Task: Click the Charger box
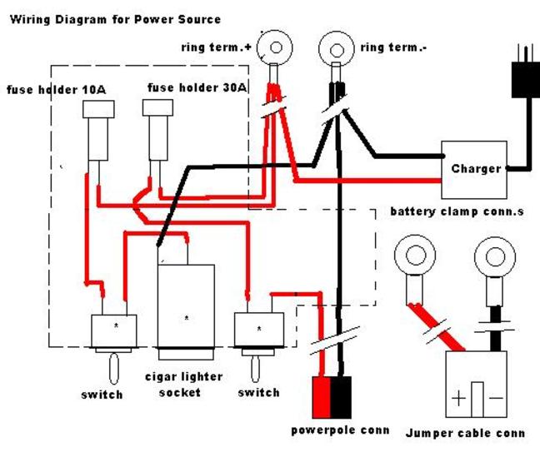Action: click(x=476, y=168)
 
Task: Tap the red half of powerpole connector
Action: click(x=321, y=398)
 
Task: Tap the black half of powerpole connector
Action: click(x=342, y=398)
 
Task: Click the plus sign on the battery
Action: click(x=459, y=398)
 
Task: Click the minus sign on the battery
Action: click(x=494, y=398)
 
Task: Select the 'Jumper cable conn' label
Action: click(x=465, y=433)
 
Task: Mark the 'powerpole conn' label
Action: click(x=339, y=430)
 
